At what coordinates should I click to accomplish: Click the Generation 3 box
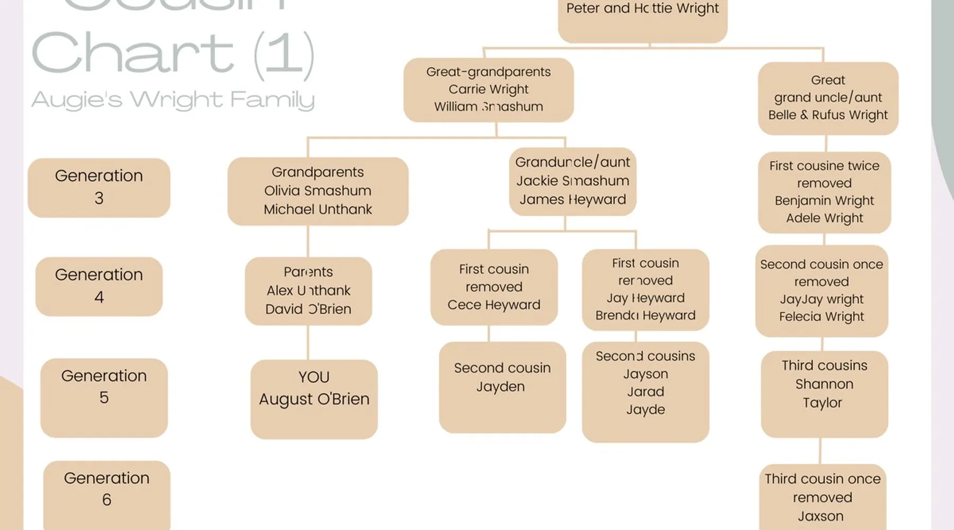coord(99,187)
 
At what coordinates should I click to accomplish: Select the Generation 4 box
coord(99,286)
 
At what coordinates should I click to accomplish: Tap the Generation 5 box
coord(104,397)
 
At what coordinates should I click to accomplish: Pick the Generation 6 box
coord(107,493)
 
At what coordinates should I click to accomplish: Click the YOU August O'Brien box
coord(314,399)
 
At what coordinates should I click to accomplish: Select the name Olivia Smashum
coord(317,191)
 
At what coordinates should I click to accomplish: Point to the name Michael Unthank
coord(317,209)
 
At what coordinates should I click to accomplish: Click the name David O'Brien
coord(308,309)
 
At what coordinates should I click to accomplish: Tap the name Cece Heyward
coord(493,305)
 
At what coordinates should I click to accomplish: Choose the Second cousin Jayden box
coord(502,387)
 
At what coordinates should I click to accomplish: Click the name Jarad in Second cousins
coord(645,392)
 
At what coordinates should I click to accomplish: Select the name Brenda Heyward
coord(645,315)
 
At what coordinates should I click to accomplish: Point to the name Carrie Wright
coord(488,89)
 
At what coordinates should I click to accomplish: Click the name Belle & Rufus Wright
coord(828,115)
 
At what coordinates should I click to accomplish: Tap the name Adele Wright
coord(824,218)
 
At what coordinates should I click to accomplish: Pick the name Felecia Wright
coord(821,316)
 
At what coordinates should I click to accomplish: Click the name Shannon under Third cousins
coord(824,384)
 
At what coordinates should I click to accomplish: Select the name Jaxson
coord(820,516)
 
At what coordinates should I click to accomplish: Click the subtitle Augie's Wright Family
coord(173,100)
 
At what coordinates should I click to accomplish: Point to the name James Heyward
coord(572,199)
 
